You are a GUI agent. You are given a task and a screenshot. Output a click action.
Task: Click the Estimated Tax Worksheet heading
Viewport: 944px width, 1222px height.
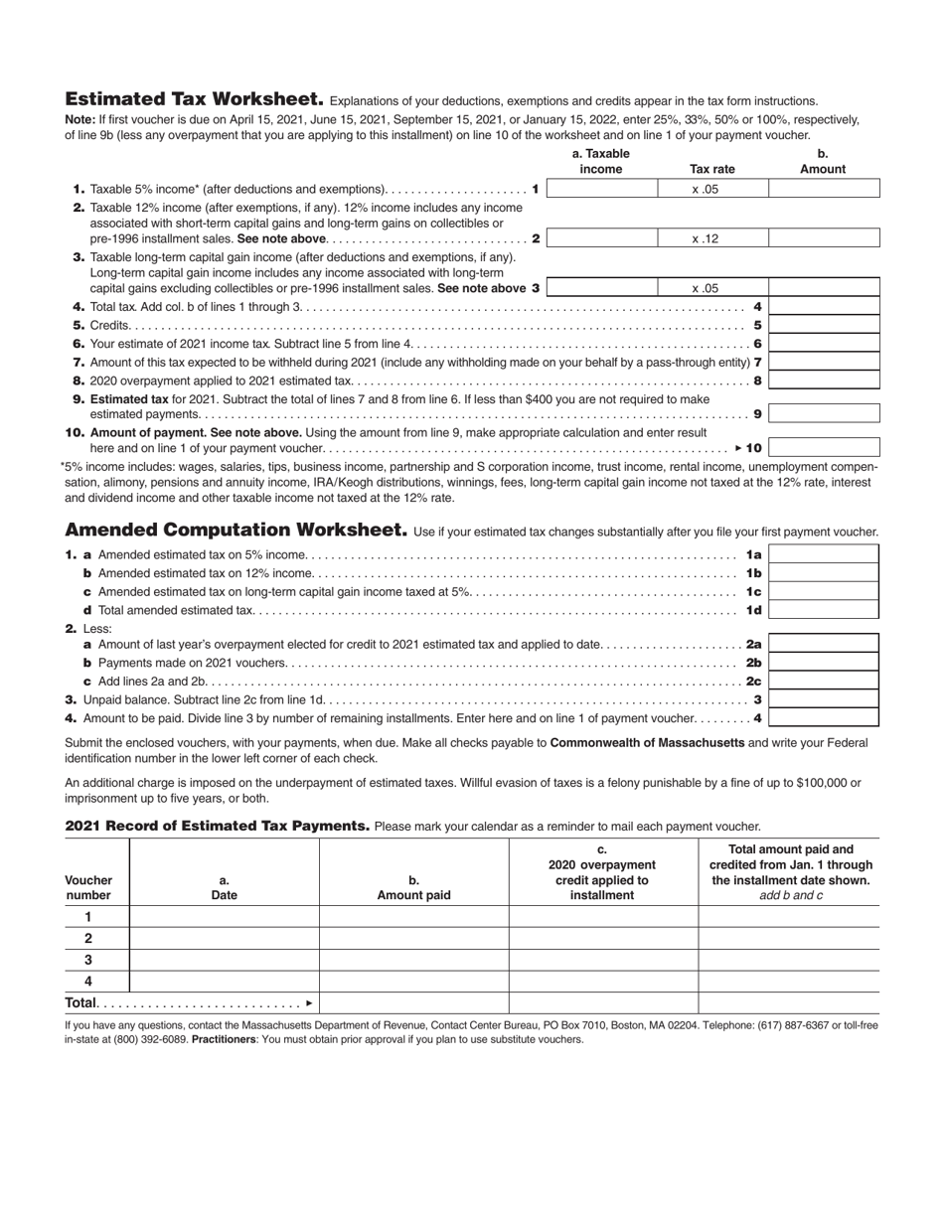pos(194,99)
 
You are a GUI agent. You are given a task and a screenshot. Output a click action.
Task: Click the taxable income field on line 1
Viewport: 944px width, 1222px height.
pos(601,189)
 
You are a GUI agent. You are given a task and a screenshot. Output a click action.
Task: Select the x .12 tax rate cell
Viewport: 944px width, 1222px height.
pos(712,238)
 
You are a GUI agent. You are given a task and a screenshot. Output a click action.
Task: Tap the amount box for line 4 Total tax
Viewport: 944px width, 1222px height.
pos(824,306)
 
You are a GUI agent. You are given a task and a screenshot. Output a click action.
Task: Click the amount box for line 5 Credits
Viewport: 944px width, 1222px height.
pos(824,325)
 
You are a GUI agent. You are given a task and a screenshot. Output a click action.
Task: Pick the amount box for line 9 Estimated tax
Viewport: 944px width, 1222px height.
pos(824,413)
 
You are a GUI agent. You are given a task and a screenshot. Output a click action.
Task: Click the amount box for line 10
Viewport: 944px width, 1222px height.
pos(824,448)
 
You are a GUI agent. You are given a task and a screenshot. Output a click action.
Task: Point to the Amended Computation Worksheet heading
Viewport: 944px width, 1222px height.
pos(236,530)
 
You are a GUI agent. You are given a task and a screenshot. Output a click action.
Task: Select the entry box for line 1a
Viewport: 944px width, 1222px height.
pos(824,554)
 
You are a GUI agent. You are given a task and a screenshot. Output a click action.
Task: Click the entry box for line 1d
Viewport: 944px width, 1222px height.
pos(824,610)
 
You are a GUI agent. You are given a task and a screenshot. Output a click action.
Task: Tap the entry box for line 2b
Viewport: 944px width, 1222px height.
pos(824,663)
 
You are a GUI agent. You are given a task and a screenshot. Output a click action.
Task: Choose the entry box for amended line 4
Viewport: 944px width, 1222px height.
pos(824,717)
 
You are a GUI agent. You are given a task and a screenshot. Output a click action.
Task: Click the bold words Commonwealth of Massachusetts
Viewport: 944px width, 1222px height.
pos(647,742)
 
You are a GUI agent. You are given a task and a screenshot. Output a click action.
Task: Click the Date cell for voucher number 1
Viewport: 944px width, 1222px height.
pos(224,917)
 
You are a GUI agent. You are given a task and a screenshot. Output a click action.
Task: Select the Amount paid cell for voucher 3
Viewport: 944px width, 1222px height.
pos(413,960)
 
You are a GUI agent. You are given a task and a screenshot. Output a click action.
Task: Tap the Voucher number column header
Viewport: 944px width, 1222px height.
pos(88,887)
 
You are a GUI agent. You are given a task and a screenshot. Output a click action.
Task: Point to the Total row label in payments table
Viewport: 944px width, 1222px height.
pos(82,1002)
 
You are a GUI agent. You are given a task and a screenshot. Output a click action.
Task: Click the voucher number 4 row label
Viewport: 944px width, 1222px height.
pos(88,982)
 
